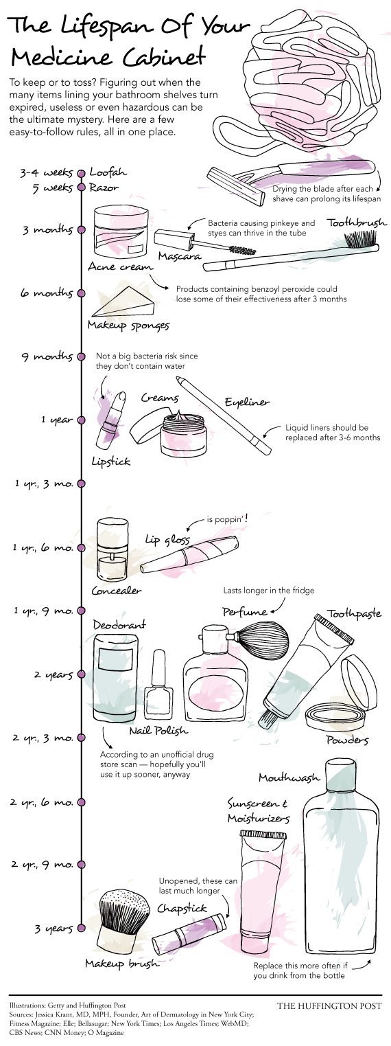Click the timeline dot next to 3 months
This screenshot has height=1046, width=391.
click(81, 230)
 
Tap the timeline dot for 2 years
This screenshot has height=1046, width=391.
click(81, 674)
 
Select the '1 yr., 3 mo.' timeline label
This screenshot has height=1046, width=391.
click(43, 484)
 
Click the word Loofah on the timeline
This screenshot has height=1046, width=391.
click(108, 172)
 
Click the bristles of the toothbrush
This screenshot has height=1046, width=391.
click(361, 238)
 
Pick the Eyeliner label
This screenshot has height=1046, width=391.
click(247, 402)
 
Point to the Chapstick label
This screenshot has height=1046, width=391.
click(182, 908)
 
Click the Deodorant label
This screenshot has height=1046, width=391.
click(119, 624)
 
